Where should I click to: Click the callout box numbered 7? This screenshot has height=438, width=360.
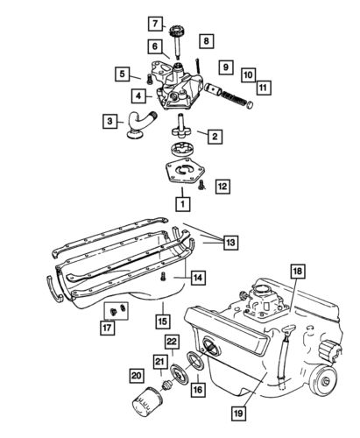(x=153, y=23)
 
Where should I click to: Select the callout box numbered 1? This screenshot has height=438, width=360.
(x=182, y=204)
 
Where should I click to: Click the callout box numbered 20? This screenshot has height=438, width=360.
(x=136, y=376)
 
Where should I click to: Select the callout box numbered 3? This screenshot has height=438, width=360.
(x=111, y=121)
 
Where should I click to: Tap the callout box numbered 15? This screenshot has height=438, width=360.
(x=162, y=307)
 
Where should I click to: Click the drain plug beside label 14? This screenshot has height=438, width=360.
(x=165, y=278)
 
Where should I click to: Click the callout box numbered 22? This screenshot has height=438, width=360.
(x=172, y=341)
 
